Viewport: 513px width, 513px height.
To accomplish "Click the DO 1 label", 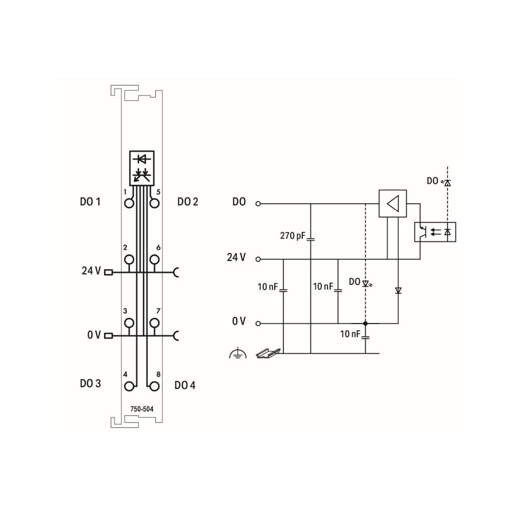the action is coord(90,202).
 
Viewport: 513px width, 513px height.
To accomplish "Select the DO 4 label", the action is coord(185,385).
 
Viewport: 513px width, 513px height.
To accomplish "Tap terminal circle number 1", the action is coord(129,204).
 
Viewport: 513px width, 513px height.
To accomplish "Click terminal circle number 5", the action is coord(154,204).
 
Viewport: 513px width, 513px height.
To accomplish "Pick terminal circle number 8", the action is coord(154,387).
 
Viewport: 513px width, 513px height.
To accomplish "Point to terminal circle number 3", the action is coord(129,323).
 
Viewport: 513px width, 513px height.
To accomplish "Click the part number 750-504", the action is coord(142,409).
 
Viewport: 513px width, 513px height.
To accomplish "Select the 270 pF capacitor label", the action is coord(293,236).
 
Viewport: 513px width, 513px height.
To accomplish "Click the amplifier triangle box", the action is coord(393,204).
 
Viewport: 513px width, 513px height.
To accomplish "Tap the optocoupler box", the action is coord(435,232).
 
